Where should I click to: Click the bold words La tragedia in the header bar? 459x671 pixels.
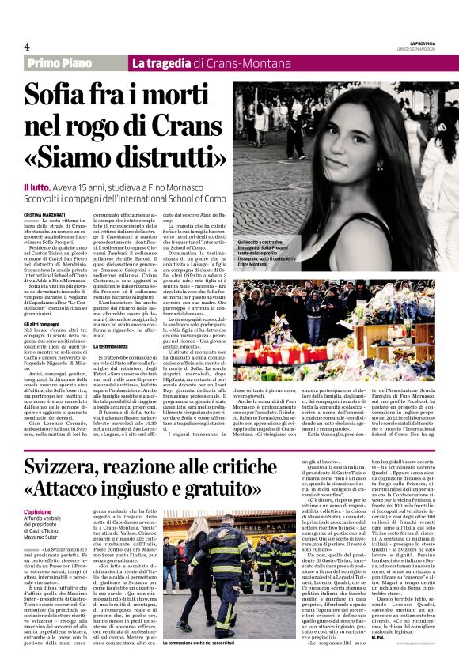click(162, 63)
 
